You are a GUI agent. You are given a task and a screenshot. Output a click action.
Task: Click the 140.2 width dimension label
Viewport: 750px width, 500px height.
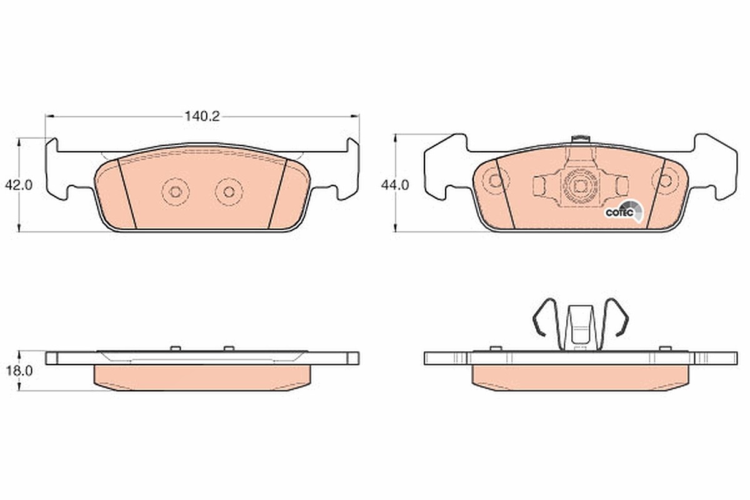click(x=202, y=116)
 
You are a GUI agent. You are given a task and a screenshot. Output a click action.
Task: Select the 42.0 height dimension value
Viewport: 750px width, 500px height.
click(x=19, y=185)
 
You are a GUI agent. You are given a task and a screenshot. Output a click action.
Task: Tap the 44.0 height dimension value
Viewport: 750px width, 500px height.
click(x=395, y=185)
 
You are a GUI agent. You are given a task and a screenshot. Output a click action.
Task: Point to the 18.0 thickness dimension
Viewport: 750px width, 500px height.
click(x=19, y=371)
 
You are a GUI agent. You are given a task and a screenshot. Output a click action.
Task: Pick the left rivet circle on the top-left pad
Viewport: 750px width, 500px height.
click(x=176, y=192)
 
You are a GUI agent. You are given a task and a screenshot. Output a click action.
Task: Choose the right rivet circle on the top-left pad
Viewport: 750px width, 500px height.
click(x=229, y=192)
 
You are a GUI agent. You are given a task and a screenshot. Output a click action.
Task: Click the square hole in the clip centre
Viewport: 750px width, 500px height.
click(x=579, y=186)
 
